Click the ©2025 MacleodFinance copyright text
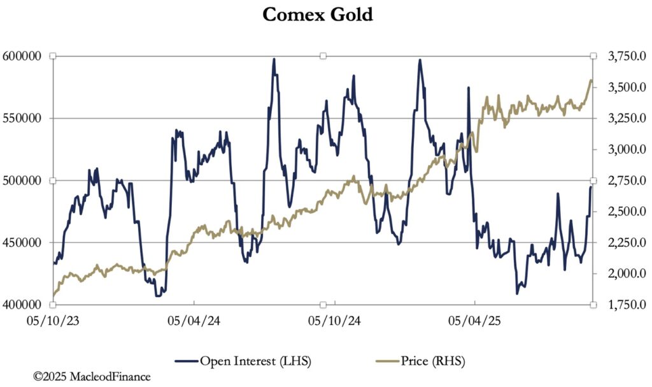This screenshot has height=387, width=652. (92, 377)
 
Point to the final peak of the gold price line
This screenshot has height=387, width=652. (590, 80)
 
